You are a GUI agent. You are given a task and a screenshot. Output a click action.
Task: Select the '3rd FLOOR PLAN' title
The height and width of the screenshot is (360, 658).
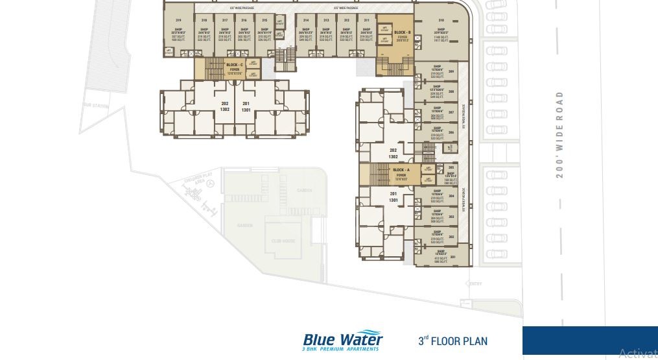click(x=452, y=341)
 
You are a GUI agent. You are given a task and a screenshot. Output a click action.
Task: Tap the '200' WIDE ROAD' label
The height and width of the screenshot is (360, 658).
click(x=559, y=134)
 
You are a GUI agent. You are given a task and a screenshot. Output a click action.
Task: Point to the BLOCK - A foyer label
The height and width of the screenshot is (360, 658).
click(x=401, y=172)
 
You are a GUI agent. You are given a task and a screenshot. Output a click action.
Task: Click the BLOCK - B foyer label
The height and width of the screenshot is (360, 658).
click(x=402, y=34)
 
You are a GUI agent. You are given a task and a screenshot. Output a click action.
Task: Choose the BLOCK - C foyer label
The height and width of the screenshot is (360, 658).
click(x=235, y=67)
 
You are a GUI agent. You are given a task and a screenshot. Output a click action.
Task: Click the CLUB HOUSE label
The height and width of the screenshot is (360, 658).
click(x=283, y=241)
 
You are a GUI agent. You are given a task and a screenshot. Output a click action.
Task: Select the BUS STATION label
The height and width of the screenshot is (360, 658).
click(x=95, y=105)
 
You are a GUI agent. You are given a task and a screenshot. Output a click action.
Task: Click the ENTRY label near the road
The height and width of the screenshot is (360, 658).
click(x=475, y=283)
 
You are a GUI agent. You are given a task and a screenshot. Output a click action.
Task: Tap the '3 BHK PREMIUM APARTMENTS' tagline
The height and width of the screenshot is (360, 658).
click(x=340, y=350)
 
